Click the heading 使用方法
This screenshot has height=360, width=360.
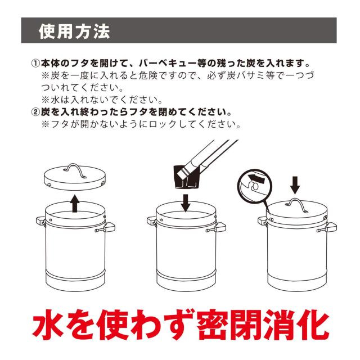(74, 31)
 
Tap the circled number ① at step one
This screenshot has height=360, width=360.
(35, 63)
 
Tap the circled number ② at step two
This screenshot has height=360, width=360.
(35, 112)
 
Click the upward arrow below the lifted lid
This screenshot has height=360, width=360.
(75, 204)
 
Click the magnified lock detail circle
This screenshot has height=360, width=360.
(254, 186)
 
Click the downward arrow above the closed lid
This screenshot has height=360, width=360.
(295, 185)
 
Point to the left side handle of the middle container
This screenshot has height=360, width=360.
(151, 222)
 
